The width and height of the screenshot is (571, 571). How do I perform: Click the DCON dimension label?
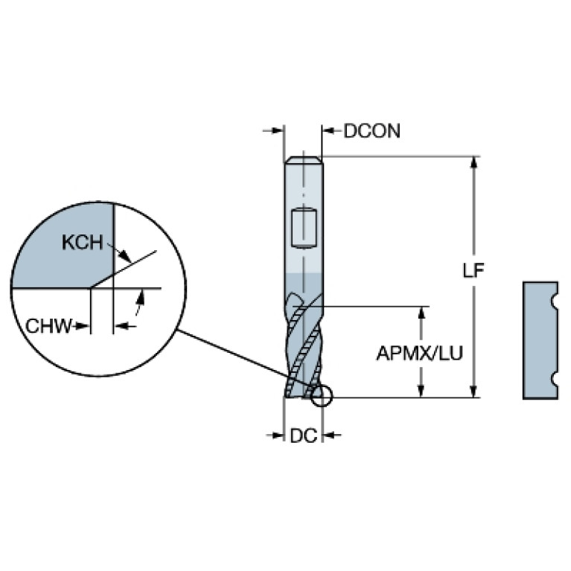click(x=371, y=131)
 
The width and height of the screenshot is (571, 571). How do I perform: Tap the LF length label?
click(x=473, y=270)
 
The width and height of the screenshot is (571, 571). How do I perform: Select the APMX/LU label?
click(x=420, y=353)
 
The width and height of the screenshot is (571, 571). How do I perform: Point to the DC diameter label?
click(x=303, y=436)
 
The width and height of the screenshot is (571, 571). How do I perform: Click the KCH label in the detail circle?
click(x=83, y=242)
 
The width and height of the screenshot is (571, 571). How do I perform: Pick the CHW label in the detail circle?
click(x=49, y=325)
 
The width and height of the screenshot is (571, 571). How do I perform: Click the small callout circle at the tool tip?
click(x=322, y=395)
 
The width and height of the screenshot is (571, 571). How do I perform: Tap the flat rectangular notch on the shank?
click(x=304, y=228)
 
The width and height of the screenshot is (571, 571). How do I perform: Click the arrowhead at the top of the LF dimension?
click(x=473, y=162)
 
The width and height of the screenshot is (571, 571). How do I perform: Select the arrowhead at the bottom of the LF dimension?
click(x=473, y=392)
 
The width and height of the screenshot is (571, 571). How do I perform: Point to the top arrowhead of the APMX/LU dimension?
click(x=421, y=313)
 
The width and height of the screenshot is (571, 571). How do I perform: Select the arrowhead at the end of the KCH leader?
click(x=126, y=256)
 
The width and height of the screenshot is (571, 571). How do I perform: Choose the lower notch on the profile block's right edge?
click(x=555, y=380)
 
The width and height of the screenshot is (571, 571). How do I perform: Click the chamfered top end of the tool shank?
click(x=303, y=160)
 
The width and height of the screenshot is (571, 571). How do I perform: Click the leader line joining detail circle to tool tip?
click(x=245, y=359)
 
